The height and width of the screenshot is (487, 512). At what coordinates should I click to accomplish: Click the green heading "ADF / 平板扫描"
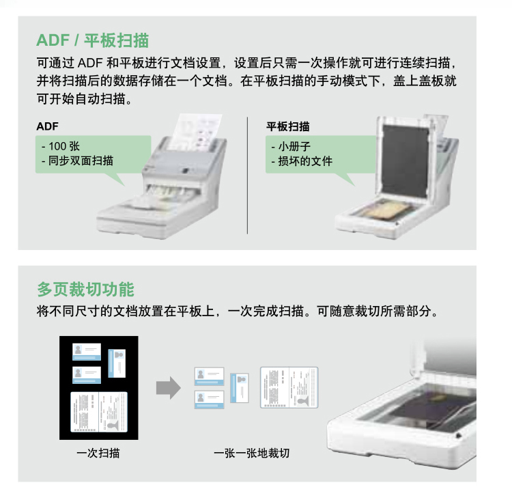[92, 40]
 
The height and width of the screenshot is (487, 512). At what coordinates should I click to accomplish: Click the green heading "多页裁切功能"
[85, 290]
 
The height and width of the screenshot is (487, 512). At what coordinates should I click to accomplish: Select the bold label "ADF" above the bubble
[47, 126]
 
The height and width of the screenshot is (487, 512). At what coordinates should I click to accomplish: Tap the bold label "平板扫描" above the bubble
[287, 126]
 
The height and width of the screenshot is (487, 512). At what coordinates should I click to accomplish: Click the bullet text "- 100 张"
[61, 146]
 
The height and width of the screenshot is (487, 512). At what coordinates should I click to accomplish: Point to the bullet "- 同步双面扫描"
[77, 161]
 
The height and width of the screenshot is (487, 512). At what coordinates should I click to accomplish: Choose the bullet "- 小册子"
[291, 146]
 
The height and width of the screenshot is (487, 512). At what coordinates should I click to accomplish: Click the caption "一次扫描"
[98, 453]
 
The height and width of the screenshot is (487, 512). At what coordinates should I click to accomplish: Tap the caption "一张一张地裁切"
[251, 453]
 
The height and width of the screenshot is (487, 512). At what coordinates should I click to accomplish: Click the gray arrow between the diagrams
[169, 388]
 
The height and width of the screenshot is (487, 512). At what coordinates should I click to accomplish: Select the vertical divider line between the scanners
[247, 176]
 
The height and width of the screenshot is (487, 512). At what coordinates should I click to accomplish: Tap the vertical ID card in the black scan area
[117, 363]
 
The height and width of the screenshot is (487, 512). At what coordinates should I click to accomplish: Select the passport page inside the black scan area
[99, 412]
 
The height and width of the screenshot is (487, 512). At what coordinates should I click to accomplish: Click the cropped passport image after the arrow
[289, 388]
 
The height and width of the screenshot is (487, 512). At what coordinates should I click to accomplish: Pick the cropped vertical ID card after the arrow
[240, 388]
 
